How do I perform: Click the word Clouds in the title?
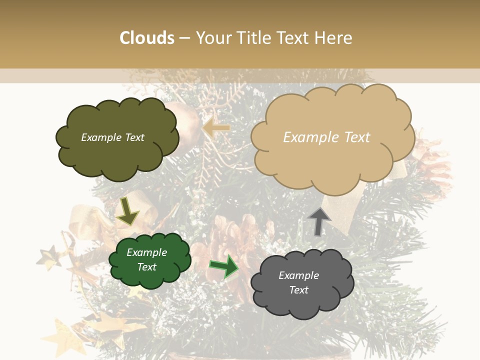pos(147,38)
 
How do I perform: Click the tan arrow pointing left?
pos(216,128)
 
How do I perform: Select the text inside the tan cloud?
pos(326,137)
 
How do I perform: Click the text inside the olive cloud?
pos(112,137)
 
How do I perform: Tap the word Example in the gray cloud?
pos(298,275)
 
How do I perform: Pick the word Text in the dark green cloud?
pos(147,267)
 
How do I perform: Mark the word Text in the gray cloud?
pos(298,290)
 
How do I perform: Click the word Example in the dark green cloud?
pos(147,252)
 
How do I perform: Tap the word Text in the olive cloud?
pos(134,137)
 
